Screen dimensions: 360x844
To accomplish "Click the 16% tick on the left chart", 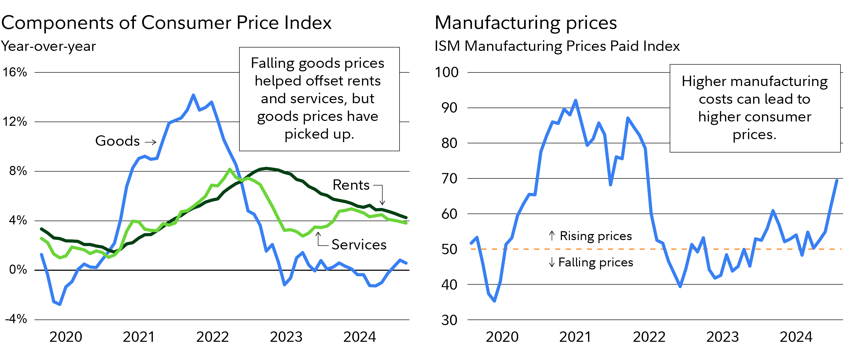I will [15, 72].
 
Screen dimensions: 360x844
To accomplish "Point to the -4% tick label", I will [16, 319].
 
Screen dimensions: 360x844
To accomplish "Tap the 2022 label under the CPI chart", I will [212, 337].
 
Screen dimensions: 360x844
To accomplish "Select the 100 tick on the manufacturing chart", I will [447, 72].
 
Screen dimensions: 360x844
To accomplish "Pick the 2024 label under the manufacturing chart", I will [796, 337].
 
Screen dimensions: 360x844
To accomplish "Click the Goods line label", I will [117, 141].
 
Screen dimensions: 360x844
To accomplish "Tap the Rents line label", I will [351, 185].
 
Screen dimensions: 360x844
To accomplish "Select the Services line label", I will [359, 245].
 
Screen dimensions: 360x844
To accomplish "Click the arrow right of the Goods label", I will [150, 142].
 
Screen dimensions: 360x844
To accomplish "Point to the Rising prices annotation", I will [595, 236].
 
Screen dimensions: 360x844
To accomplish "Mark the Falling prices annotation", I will [595, 262].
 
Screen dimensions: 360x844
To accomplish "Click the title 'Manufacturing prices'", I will [526, 23].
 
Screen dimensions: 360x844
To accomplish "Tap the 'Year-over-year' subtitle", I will [49, 46].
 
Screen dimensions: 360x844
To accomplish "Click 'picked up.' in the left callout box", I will [319, 134].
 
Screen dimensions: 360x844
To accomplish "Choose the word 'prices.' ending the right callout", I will [754, 135].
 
